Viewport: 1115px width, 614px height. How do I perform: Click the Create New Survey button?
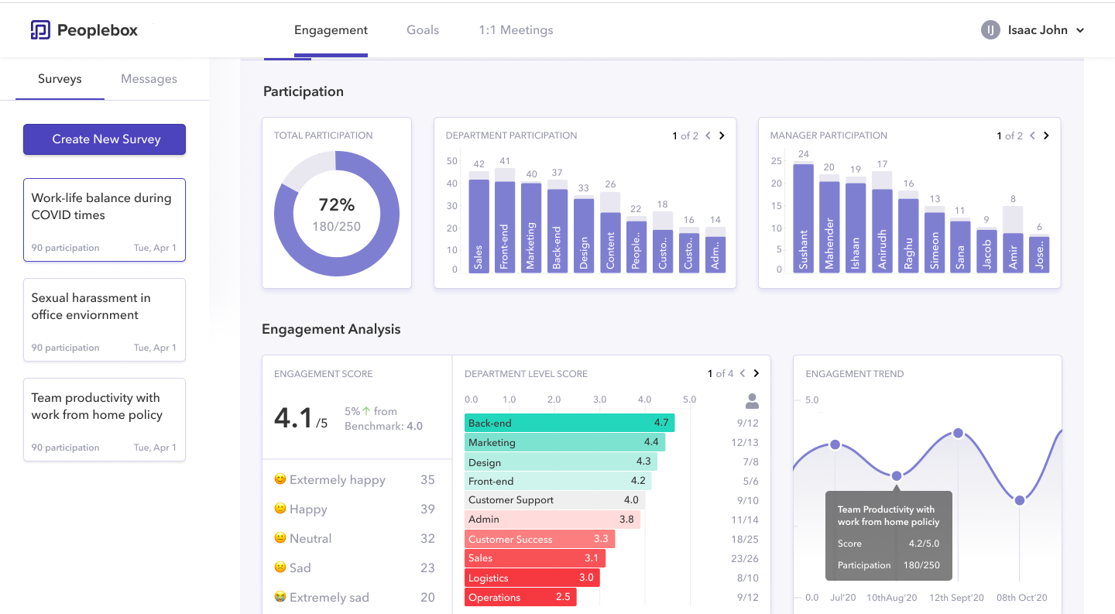pos(105,139)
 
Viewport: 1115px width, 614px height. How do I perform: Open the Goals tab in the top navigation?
pos(423,30)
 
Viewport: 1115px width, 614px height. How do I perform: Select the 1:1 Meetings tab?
pos(516,30)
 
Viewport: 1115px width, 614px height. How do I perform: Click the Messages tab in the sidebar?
pos(149,79)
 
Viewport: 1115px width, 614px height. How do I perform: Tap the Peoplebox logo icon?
pos(40,30)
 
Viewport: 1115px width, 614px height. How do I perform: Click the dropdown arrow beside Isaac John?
pos(1080,30)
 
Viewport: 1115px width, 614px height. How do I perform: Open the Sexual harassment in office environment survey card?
pos(105,320)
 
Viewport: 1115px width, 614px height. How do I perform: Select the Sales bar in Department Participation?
pos(479,226)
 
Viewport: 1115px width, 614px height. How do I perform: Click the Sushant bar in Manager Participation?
pos(804,218)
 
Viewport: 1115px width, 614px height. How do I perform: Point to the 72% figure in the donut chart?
pos(337,204)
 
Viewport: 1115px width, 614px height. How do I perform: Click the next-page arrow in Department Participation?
pos(722,135)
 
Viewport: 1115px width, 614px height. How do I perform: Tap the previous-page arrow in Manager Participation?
pos(1032,135)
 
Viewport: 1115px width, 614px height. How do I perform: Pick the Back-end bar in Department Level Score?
pos(569,423)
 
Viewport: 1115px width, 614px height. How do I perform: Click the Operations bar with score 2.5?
pos(520,597)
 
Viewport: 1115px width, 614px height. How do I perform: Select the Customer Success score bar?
pos(540,539)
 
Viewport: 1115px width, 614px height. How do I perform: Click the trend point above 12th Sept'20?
pos(959,434)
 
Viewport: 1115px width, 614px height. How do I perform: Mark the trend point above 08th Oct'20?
pos(1020,500)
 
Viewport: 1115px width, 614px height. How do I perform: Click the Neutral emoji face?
pos(280,537)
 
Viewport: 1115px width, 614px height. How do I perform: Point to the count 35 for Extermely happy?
pos(427,479)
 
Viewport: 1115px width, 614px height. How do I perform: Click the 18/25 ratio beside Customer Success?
pos(745,539)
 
